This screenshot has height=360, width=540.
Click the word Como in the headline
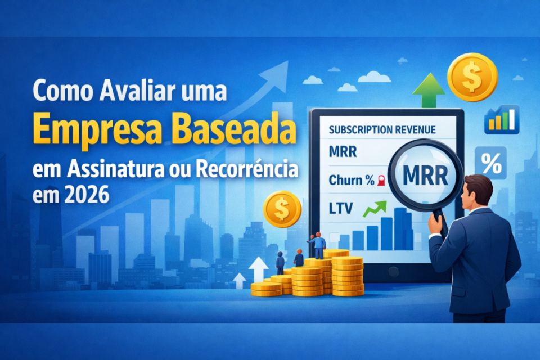pos(56,90)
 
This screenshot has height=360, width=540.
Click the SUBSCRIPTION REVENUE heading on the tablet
pos(382,129)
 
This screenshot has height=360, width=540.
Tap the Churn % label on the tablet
pos(350,181)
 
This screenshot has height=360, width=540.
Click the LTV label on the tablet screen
pos(340,209)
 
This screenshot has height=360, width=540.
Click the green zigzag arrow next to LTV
pos(375,209)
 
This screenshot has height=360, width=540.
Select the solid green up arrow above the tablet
pos(429,90)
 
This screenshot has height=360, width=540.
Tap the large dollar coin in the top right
pos(472,77)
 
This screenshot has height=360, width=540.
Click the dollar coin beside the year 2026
pos(282,209)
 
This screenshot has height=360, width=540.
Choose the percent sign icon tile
pos(490,164)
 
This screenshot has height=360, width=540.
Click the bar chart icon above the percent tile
pos(501,120)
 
